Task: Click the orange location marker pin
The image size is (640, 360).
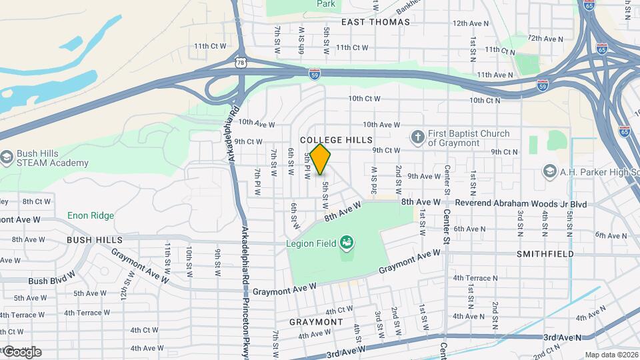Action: pyautogui.click(x=320, y=159)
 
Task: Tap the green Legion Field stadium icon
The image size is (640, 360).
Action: pyautogui.click(x=346, y=242)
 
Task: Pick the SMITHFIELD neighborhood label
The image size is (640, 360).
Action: pyautogui.click(x=545, y=254)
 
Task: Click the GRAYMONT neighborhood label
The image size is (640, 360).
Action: pyautogui.click(x=316, y=321)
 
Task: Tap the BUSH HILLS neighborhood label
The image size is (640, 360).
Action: pyautogui.click(x=94, y=239)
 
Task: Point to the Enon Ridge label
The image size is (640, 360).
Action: pyautogui.click(x=91, y=215)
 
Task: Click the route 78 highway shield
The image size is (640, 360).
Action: pyautogui.click(x=240, y=63)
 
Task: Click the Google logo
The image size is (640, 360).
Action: pyautogui.click(x=21, y=351)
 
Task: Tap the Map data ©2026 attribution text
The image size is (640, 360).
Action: pyautogui.click(x=611, y=355)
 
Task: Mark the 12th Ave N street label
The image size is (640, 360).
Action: pyautogui.click(x=470, y=23)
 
